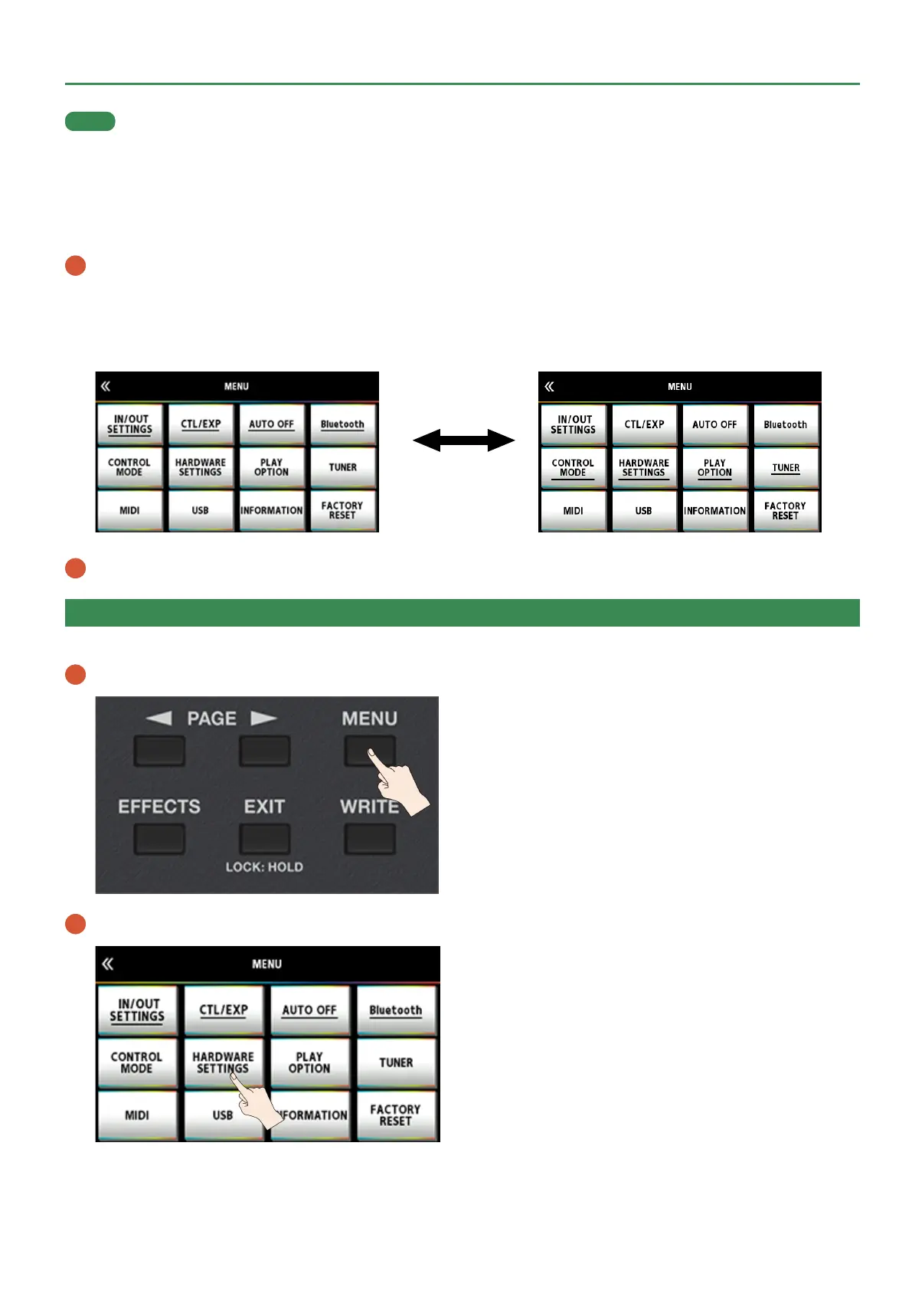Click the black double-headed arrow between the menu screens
(463, 440)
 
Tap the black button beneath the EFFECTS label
(159, 839)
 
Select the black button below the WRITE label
(370, 839)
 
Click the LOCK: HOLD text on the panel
(264, 867)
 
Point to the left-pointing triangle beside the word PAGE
(159, 718)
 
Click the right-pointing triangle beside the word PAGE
(263, 718)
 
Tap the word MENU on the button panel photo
(369, 719)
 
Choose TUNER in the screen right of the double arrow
(786, 467)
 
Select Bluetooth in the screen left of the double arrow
(342, 424)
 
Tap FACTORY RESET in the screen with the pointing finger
(395, 1115)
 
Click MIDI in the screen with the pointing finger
(137, 1115)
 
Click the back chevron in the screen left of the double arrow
(106, 386)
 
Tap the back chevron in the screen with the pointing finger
(108, 964)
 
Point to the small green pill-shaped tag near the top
(90, 121)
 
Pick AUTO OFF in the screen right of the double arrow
(714, 424)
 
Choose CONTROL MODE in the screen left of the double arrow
(129, 467)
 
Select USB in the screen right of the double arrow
(643, 510)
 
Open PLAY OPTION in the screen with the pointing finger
(309, 1062)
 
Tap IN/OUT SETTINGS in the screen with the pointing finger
(137, 1010)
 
